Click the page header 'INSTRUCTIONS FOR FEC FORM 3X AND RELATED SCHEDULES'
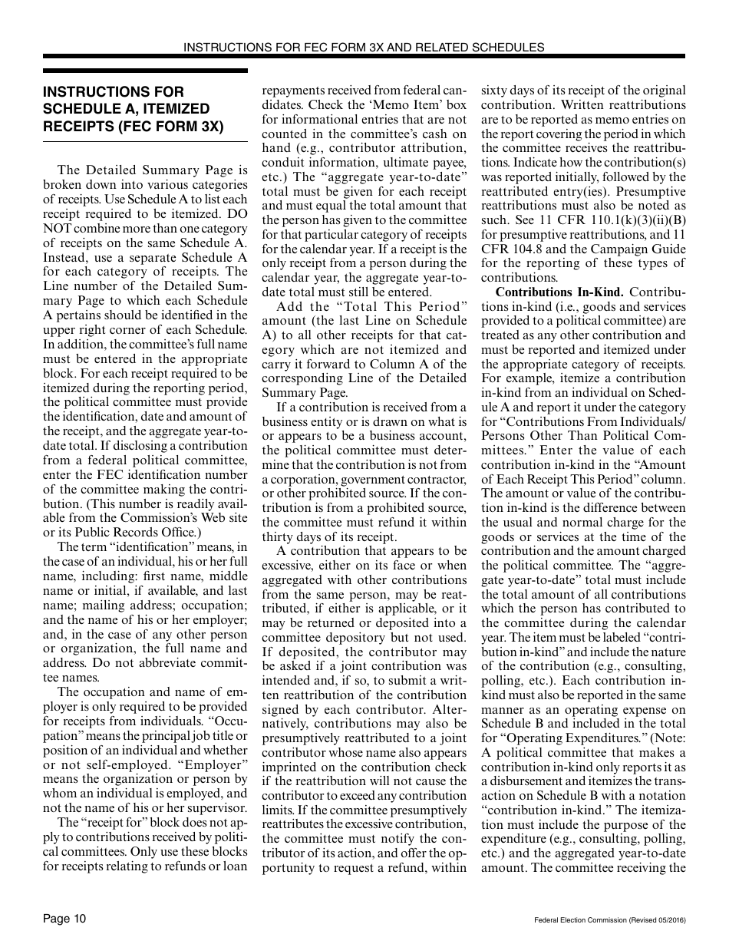(x=364, y=47)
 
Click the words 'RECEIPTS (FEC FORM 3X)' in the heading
(x=133, y=126)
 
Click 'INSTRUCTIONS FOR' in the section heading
(x=97, y=92)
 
